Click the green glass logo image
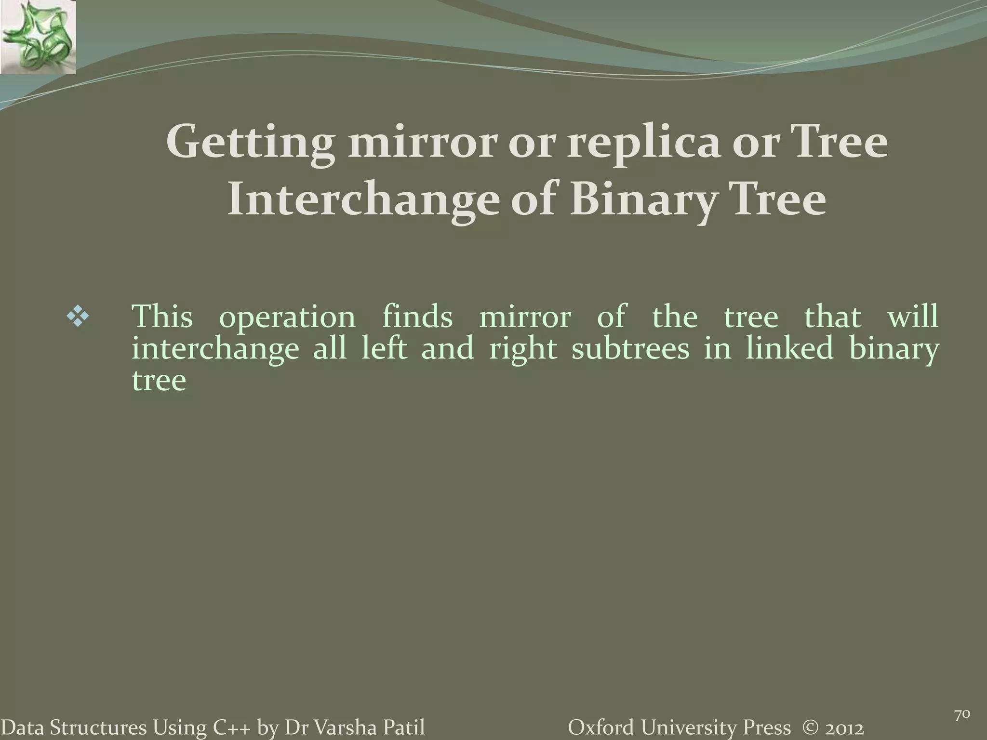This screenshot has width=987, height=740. point(38,37)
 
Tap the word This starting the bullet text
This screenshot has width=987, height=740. point(162,317)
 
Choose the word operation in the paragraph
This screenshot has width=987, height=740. point(287,317)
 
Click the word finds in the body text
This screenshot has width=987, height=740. point(417,317)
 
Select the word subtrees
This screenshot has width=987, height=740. point(630,348)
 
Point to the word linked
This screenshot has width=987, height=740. point(790,348)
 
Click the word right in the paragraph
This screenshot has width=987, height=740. point(523,348)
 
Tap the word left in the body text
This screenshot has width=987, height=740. point(385,348)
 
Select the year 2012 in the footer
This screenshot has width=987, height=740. point(842,727)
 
